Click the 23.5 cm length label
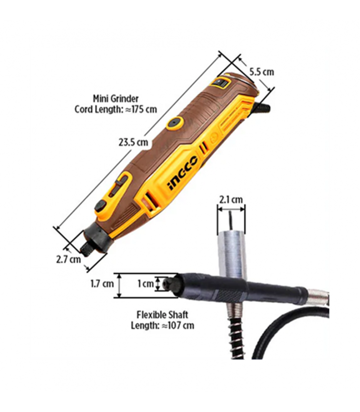[133, 142]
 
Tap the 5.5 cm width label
[262, 72]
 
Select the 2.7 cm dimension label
[69, 260]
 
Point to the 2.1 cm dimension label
[231, 200]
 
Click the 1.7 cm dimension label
[102, 284]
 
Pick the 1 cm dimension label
[145, 284]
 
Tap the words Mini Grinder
[116, 99]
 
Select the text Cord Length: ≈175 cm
[116, 109]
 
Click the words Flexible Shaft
[162, 315]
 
